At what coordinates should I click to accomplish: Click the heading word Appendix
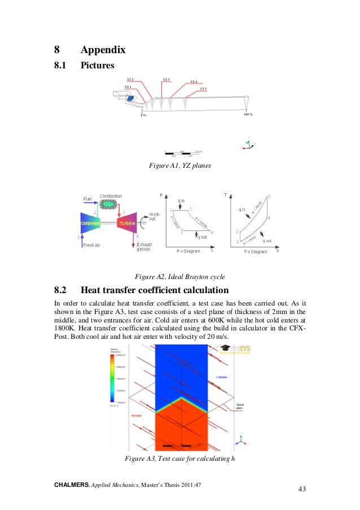point(103,50)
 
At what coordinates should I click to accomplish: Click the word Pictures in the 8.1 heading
point(97,66)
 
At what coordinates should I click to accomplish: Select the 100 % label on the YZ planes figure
point(247,115)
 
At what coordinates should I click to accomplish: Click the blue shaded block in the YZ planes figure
point(131,98)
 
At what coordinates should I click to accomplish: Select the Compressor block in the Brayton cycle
point(90,223)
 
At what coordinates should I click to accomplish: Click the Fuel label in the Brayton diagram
point(87,199)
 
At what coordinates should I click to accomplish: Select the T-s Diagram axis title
point(255,251)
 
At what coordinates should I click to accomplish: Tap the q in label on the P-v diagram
point(182,201)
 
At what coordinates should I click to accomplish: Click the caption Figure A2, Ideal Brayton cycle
point(179,277)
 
